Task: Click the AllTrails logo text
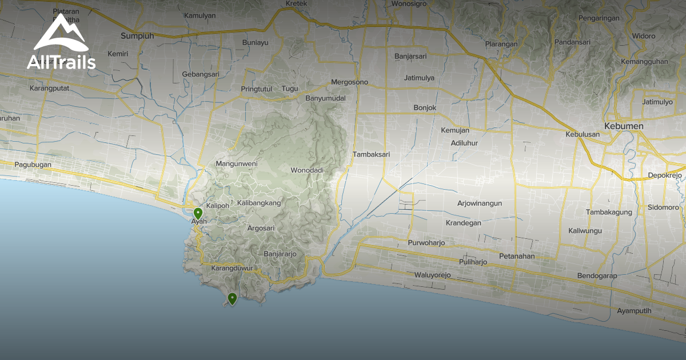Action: pos(61,62)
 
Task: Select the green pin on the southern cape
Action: pos(232,298)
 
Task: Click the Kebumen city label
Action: pos(624,126)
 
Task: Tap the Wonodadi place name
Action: pos(307,170)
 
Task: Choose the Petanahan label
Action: pos(516,256)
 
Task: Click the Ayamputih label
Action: pos(634,311)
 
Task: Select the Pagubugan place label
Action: pos(33,165)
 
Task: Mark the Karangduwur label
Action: pos(232,268)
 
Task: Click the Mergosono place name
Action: pos(350,82)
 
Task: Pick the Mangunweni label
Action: pos(237,164)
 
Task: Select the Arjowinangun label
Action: pos(479,203)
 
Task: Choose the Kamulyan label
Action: pos(200,15)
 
